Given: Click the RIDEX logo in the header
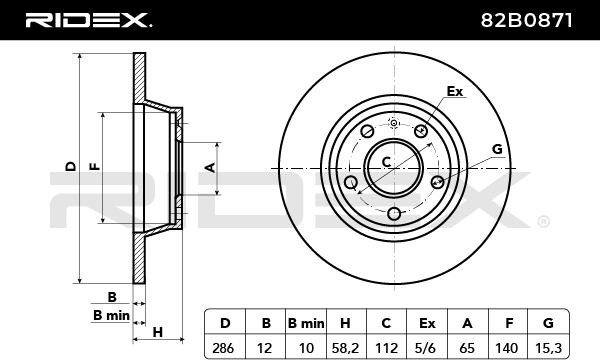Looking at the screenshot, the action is [88, 20].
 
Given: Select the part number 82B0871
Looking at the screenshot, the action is [527, 20].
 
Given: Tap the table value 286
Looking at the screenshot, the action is [223, 348].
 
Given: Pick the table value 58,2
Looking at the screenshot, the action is [345, 348].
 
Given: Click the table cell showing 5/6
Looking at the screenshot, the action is [427, 348].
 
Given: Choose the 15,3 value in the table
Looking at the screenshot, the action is [549, 348].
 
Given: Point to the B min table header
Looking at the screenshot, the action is [306, 323].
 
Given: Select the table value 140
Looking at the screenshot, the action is [507, 348].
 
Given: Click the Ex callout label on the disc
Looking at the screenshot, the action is [455, 91].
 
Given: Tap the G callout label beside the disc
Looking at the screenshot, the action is [497, 149].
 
